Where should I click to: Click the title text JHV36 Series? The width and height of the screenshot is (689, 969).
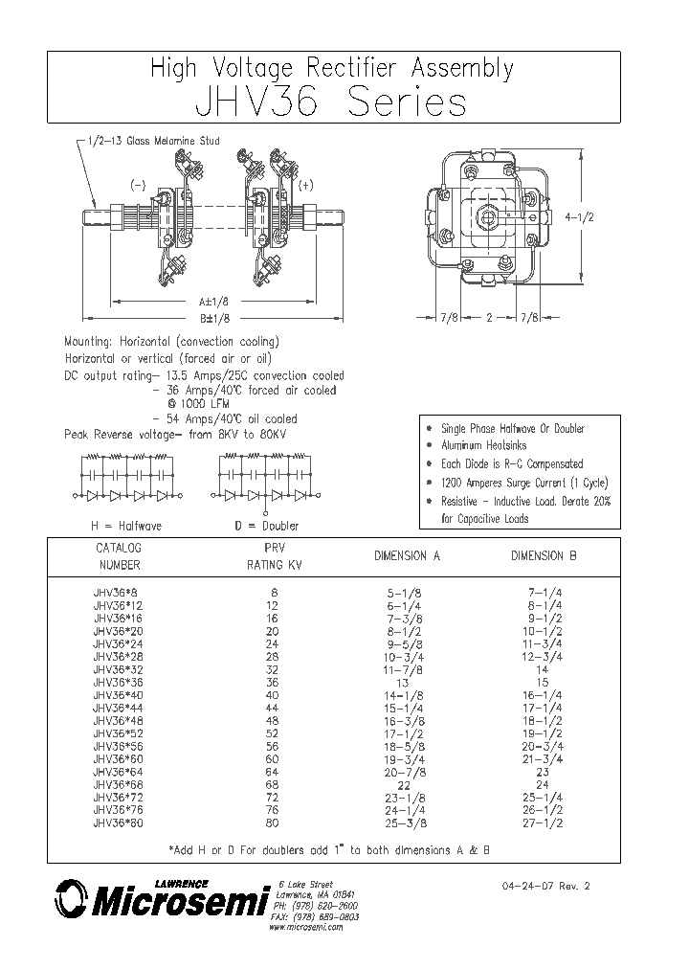pos(331,102)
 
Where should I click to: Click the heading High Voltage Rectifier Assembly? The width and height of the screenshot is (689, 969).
pos(332,69)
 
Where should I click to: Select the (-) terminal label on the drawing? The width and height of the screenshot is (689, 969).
pos(138,186)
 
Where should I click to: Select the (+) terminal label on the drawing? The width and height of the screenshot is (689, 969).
pos(306,186)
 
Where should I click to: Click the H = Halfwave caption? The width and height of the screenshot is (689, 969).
pos(125,525)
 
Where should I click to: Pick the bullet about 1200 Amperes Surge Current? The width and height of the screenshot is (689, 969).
pos(523,483)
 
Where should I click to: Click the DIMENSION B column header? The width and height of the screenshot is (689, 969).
pos(543,555)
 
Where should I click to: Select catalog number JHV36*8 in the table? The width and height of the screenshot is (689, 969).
pos(115,593)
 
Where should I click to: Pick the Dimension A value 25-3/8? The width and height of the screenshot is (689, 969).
pos(404,822)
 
